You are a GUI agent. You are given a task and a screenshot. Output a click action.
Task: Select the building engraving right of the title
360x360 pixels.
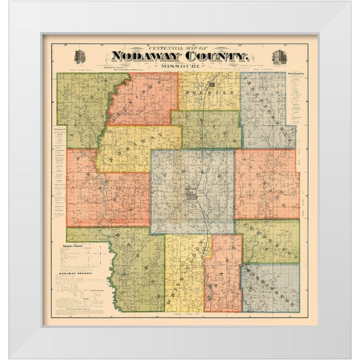point(279,57)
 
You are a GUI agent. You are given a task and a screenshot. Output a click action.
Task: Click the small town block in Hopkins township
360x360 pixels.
point(211,85)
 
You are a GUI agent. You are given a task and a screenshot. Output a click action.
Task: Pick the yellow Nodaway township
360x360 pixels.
point(139,148)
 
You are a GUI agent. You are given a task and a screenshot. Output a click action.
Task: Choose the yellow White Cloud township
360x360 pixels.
point(184,274)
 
